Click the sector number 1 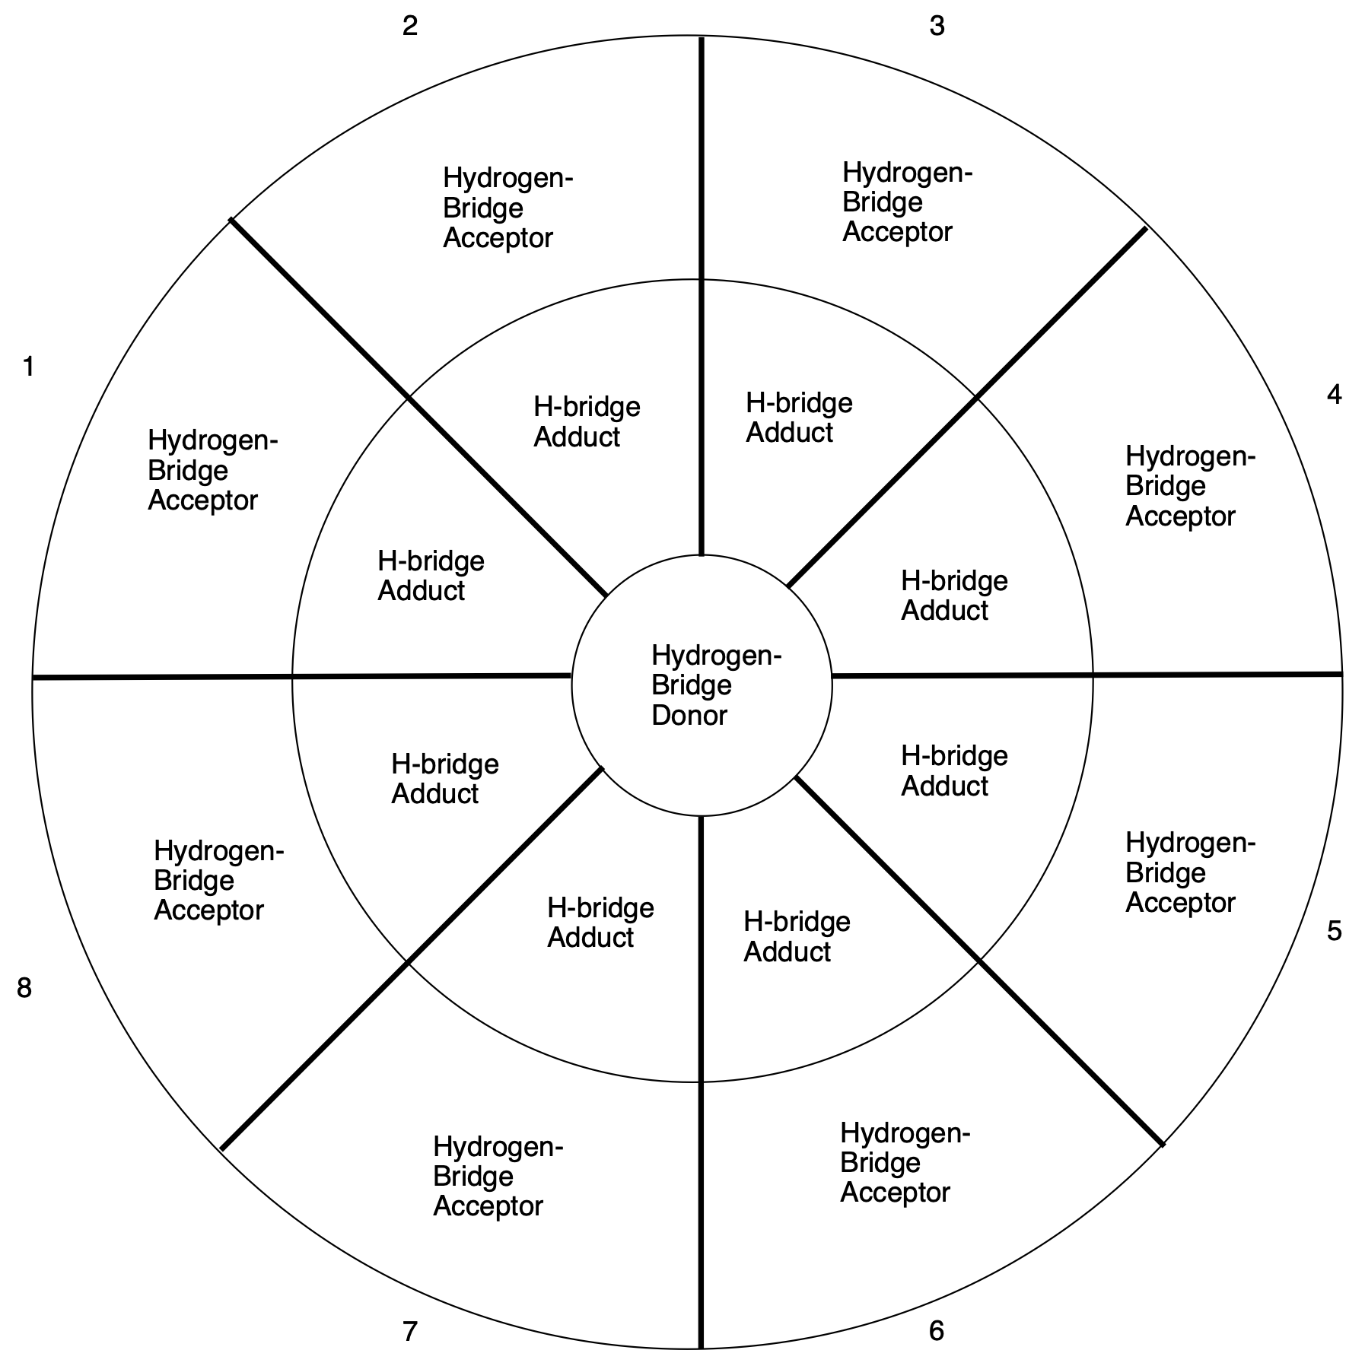point(29,367)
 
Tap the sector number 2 point(410,27)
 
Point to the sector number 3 point(937,27)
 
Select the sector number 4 point(1334,395)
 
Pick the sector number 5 point(1334,931)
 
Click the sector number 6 point(936,1331)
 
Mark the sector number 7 point(410,1332)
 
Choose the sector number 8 point(24,989)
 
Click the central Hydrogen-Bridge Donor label point(715,685)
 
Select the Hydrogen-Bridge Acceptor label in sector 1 point(212,470)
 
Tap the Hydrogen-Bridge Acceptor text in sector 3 point(907,202)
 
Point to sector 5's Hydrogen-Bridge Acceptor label point(1190,872)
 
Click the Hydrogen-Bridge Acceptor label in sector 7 point(498,1177)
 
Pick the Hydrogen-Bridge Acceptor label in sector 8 point(218,881)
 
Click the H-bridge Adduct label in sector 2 point(586,422)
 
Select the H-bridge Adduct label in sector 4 point(953,596)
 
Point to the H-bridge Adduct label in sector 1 point(431,576)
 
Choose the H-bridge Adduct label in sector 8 point(444,779)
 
